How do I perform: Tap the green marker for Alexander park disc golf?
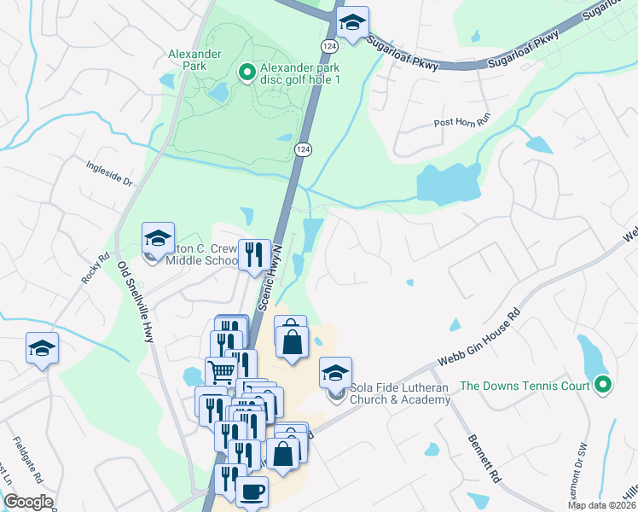click(x=247, y=73)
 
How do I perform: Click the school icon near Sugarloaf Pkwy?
click(x=351, y=25)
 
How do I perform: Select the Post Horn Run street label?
click(x=463, y=122)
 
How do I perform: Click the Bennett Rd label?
click(x=483, y=459)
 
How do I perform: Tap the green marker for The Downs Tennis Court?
click(x=603, y=386)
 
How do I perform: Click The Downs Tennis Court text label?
click(x=525, y=386)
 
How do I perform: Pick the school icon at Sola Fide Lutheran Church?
click(x=336, y=372)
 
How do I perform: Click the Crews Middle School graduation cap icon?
click(x=158, y=238)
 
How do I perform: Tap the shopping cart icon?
click(x=221, y=371)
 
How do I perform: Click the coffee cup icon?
click(x=252, y=492)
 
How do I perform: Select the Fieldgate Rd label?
click(x=24, y=462)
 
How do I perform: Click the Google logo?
click(x=28, y=502)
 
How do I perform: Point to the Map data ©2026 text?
click(x=602, y=505)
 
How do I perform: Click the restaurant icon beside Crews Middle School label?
click(x=254, y=254)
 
